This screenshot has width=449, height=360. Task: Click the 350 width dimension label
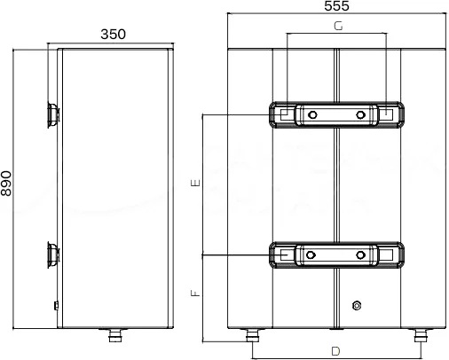pyautogui.click(x=113, y=35)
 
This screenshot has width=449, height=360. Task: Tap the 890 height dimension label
pyautogui.click(x=6, y=184)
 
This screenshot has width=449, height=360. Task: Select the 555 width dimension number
pyautogui.click(x=336, y=6)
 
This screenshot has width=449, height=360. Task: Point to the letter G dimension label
pyautogui.click(x=338, y=26)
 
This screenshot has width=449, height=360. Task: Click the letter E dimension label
pyautogui.click(x=196, y=183)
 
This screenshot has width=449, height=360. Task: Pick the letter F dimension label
pyautogui.click(x=196, y=293)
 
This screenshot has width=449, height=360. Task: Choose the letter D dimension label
pyautogui.click(x=335, y=351)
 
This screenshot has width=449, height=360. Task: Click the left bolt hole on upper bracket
pyautogui.click(x=312, y=114)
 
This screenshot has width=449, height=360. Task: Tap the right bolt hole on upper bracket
pyautogui.click(x=360, y=114)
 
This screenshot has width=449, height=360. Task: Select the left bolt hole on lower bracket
pyautogui.click(x=311, y=254)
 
